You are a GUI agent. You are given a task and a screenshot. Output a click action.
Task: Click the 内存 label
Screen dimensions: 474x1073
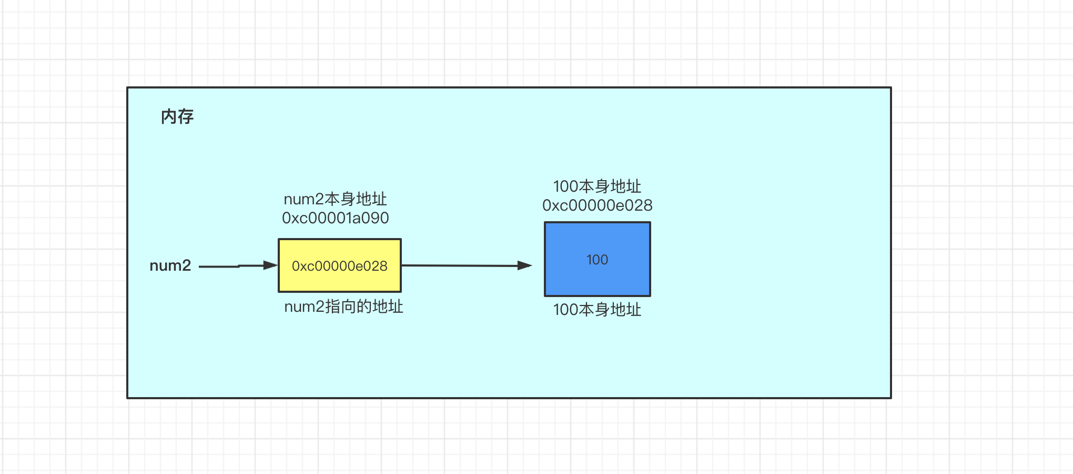(x=177, y=116)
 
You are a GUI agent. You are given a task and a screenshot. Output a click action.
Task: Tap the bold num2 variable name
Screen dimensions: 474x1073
(x=170, y=265)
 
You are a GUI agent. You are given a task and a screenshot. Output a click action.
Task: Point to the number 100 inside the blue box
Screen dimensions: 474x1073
(x=598, y=260)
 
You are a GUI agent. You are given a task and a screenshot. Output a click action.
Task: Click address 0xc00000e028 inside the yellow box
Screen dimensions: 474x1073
(x=340, y=266)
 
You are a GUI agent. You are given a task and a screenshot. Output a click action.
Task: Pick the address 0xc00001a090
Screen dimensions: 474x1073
(x=336, y=218)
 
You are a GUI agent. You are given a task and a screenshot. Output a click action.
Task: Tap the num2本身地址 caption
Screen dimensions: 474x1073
(x=336, y=199)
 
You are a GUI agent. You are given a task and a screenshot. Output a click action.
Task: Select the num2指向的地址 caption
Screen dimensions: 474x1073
(x=343, y=307)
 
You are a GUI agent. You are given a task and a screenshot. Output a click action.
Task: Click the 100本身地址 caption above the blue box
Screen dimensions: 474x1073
(x=598, y=186)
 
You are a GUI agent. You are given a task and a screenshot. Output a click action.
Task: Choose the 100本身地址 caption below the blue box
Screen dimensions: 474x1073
(x=598, y=310)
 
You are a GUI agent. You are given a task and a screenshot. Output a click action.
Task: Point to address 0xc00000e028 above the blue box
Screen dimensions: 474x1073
(x=598, y=205)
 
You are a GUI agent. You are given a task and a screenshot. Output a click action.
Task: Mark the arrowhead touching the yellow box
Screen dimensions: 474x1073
(x=271, y=265)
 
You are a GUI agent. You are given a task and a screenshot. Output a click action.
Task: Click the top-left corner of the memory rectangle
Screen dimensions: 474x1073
(x=128, y=88)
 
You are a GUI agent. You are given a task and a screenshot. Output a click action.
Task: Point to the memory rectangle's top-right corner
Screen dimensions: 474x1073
(x=890, y=88)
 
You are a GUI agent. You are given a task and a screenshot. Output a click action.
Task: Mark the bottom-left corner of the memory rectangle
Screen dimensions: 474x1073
(x=128, y=398)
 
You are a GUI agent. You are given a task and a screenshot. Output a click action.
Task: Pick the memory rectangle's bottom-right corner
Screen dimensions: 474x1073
(x=890, y=398)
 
